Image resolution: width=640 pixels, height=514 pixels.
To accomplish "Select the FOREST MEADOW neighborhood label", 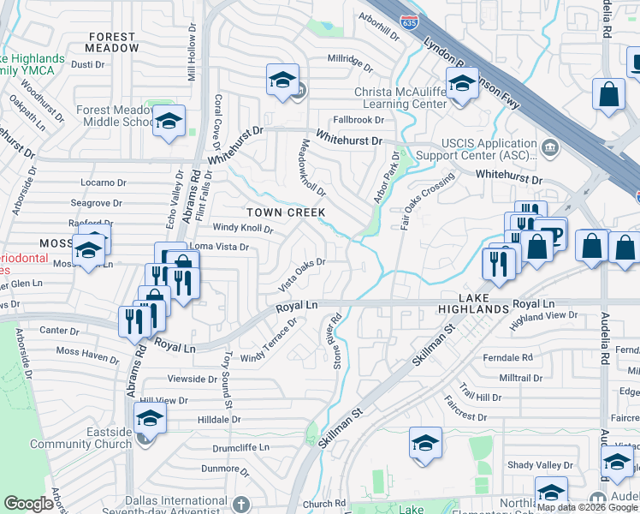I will (111, 42).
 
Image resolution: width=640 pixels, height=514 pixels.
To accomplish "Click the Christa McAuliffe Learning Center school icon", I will (462, 86).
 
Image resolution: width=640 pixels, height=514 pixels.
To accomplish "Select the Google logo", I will (28, 504).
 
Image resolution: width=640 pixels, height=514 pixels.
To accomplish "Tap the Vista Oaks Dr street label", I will (302, 273).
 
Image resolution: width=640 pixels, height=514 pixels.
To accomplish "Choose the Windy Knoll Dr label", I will (243, 229).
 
